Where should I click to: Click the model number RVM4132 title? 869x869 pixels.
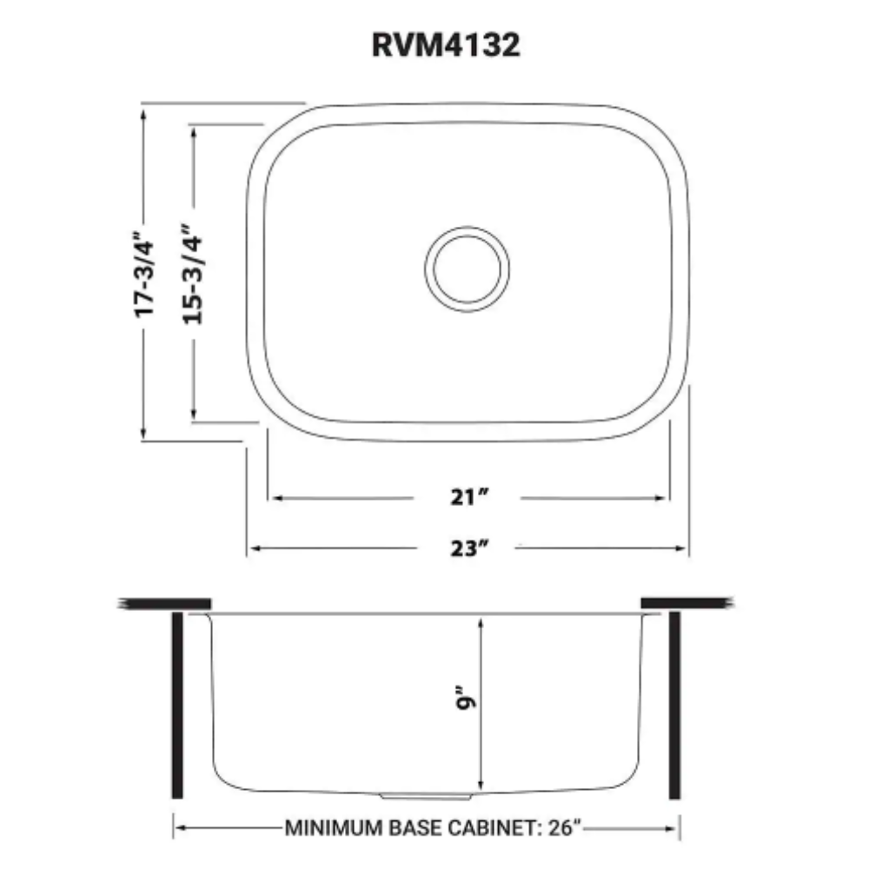point(446,45)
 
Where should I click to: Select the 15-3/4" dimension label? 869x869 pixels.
point(194,274)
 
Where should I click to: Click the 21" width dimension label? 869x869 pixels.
point(469,497)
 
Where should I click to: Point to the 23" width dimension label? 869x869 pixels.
point(469,548)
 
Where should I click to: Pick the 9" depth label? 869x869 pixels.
point(465,699)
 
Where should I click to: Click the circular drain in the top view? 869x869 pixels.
point(468,269)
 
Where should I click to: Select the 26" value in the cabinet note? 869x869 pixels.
point(565,827)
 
